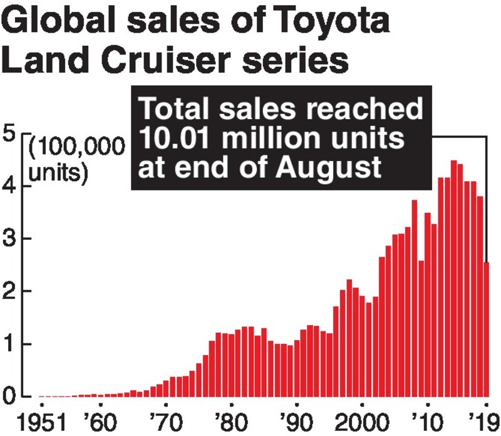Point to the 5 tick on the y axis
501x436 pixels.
11,135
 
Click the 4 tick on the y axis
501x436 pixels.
11,187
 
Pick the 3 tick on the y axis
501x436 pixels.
11,239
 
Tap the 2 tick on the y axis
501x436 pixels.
11,292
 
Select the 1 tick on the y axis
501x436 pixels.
11,345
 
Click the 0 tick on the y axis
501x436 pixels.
11,397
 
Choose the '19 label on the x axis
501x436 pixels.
484,420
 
